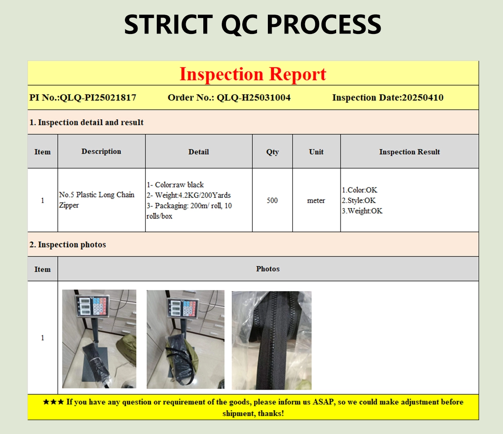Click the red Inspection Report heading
click(253, 74)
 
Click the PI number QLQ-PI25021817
click(98, 98)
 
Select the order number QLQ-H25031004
click(254, 98)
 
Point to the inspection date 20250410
click(423, 98)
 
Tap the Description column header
click(101, 151)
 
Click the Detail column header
click(199, 152)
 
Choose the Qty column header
click(272, 152)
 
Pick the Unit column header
click(316, 152)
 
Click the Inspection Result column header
click(410, 152)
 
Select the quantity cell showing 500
click(272, 200)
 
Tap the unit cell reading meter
click(316, 200)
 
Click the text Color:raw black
click(179, 185)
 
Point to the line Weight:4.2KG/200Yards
click(193, 195)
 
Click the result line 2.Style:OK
click(359, 200)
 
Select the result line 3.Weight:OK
click(362, 211)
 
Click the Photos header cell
click(268, 269)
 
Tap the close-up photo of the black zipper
click(272, 340)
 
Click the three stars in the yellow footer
click(53, 402)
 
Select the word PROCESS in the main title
click(324, 24)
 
